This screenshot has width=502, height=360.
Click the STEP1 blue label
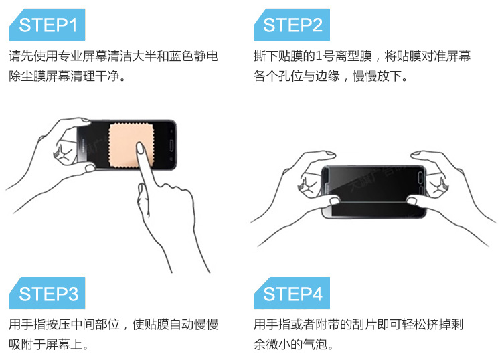pos(47,25)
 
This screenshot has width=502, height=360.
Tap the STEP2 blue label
pos(292,25)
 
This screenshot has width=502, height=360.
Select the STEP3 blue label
pos(47,293)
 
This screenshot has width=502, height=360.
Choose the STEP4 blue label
pos(292,293)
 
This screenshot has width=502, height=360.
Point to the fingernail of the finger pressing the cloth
pos(141,148)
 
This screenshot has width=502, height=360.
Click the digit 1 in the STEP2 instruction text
pos(318,56)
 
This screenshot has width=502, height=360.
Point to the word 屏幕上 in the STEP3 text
pos(64,345)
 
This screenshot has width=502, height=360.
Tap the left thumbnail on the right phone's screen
pos(334,201)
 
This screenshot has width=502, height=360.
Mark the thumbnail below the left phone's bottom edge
pos(90,168)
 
